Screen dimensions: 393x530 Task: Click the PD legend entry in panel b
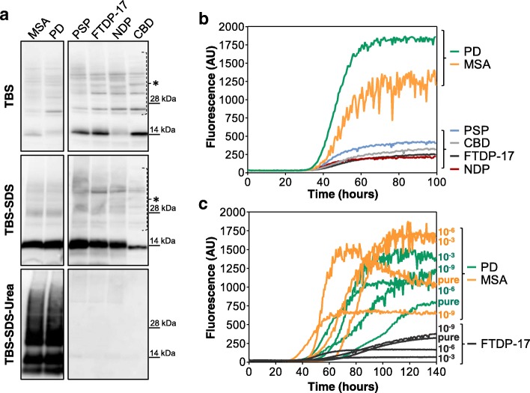tap(496, 52)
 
